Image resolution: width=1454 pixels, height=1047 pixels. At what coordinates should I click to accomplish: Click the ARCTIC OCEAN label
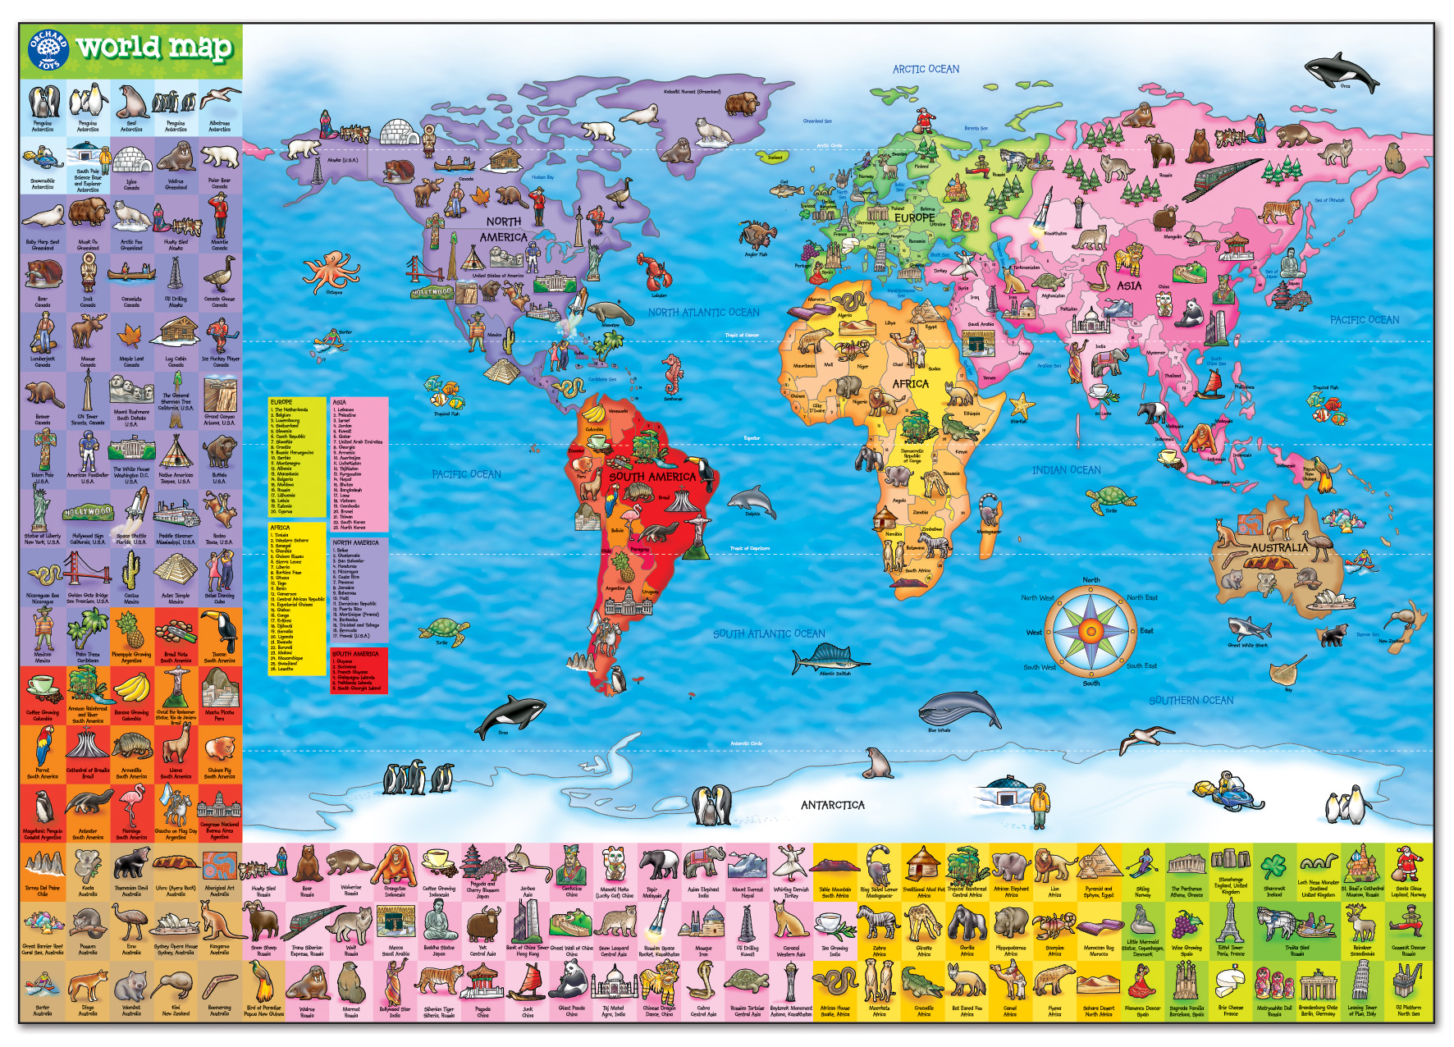click(x=926, y=69)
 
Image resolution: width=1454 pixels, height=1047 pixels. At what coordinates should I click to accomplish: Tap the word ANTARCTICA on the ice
click(x=833, y=805)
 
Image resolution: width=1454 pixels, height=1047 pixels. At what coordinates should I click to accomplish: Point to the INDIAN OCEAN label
click(x=1066, y=470)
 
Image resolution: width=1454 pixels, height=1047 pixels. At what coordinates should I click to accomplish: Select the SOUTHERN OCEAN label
click(x=1191, y=700)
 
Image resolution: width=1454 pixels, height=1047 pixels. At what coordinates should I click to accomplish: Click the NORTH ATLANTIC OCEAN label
click(x=703, y=312)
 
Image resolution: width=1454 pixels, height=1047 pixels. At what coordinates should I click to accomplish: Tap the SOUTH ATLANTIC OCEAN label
click(x=769, y=633)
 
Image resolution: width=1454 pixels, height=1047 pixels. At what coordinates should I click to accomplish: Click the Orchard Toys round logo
click(x=48, y=50)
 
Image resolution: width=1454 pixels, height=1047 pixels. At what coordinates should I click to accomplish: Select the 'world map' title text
click(x=155, y=48)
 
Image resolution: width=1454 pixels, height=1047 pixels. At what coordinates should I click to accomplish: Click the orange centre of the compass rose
click(x=1090, y=631)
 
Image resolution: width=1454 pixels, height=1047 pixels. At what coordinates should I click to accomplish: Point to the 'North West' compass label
click(x=1037, y=598)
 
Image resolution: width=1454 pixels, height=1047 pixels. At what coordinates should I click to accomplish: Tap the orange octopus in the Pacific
click(x=331, y=272)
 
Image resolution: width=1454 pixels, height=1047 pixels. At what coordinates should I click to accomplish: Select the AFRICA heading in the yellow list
click(x=281, y=528)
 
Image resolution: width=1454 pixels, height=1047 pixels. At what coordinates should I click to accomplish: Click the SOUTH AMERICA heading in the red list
click(x=355, y=654)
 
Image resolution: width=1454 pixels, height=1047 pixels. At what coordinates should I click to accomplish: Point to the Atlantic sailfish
click(x=829, y=659)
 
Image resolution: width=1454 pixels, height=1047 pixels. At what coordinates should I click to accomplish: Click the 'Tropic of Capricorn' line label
click(x=749, y=548)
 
